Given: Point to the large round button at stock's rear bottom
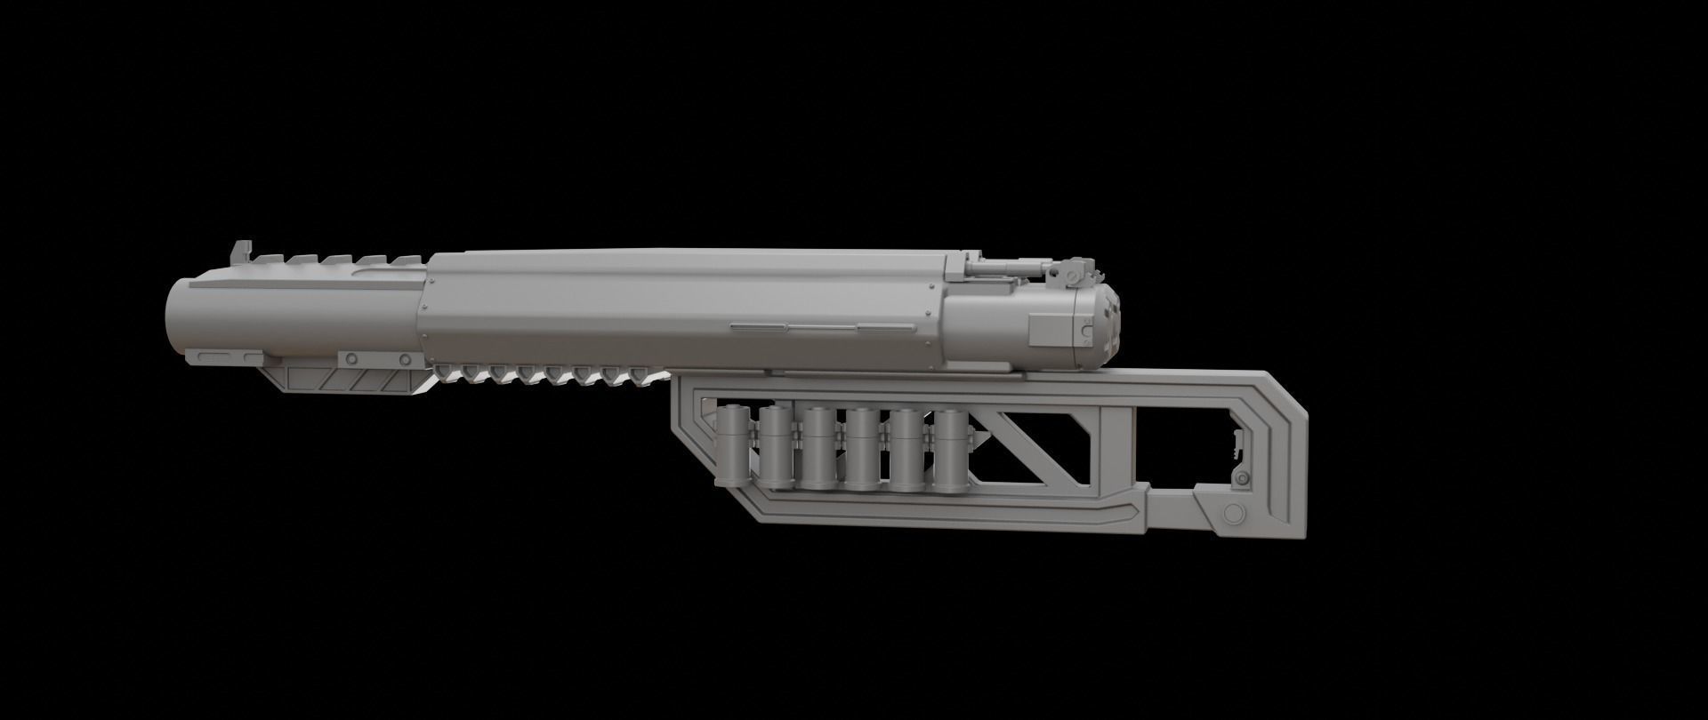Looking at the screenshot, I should coord(1233,515).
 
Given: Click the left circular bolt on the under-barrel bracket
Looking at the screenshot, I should coord(351,358).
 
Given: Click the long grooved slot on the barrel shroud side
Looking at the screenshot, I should coord(822,327).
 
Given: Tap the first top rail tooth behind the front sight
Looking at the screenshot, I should coord(265,260).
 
